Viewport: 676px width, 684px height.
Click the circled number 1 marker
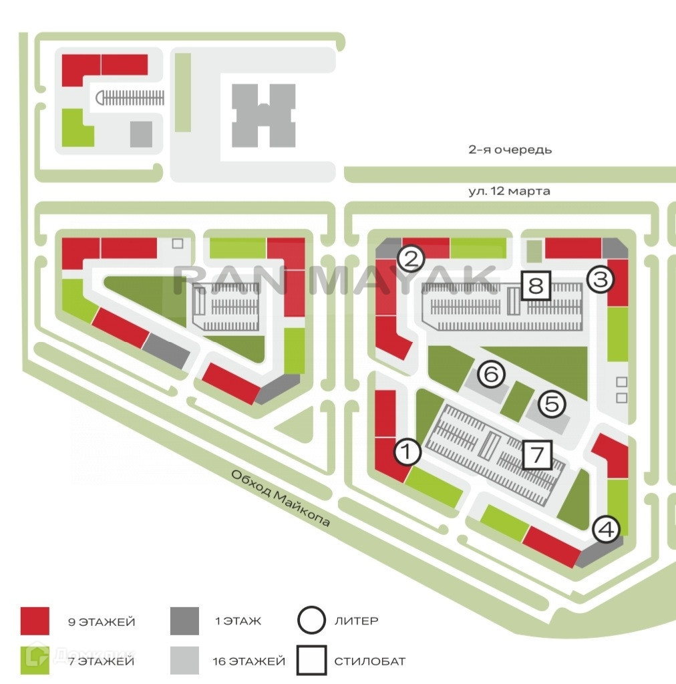tap(407, 453)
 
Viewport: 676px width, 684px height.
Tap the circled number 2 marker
tap(411, 258)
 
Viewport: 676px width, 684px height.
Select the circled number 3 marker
tap(600, 279)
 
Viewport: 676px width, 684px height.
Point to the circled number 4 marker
tap(607, 529)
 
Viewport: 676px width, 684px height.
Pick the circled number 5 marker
tap(552, 403)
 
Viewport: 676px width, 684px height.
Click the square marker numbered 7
tap(537, 455)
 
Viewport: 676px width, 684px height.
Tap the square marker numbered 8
tap(536, 287)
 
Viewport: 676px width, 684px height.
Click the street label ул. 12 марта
tap(510, 191)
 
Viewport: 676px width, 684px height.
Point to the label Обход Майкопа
tap(281, 498)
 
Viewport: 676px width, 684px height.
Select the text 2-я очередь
tap(510, 150)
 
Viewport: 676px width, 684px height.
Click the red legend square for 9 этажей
tap(35, 621)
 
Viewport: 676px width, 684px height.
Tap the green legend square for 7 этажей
tap(35, 661)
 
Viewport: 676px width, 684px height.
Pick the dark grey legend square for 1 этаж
tap(185, 621)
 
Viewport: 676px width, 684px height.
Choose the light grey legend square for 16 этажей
tap(185, 661)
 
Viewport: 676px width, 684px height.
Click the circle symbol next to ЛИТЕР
tap(312, 621)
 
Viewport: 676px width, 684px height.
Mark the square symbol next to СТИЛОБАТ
tap(312, 661)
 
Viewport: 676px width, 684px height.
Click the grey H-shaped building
tap(263, 116)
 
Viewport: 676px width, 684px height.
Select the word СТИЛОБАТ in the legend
tap(369, 661)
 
